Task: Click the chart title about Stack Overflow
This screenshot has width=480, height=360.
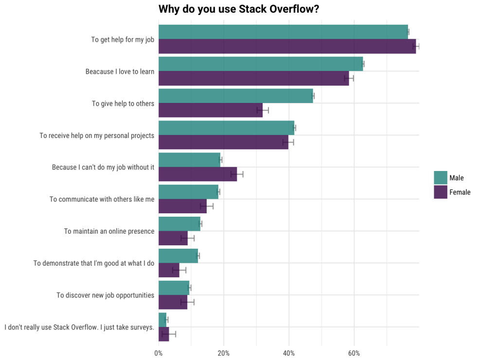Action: [239, 9]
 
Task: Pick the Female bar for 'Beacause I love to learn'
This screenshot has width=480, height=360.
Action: [253, 78]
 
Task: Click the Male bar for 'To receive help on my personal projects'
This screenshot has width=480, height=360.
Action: [226, 128]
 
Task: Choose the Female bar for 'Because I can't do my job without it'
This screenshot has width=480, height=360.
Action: [197, 174]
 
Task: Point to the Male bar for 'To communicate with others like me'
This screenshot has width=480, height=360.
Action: [188, 192]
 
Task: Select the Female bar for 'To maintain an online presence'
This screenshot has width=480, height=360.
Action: [173, 238]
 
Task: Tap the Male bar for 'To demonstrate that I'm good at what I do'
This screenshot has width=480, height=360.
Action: [178, 256]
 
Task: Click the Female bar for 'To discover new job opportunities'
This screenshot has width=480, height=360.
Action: [173, 302]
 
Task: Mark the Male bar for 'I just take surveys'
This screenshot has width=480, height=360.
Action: [162, 320]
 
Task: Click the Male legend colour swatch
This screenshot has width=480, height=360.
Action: [440, 178]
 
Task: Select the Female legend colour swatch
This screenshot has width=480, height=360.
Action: [440, 192]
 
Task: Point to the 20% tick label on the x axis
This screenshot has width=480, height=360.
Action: [224, 353]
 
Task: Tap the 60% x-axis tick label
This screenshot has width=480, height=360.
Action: [354, 353]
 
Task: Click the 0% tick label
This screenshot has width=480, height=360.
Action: [159, 353]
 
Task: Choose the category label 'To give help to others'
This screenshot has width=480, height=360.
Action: [123, 103]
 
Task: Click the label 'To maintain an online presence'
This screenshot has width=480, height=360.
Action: [109, 231]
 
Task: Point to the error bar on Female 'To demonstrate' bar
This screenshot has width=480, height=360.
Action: [179, 270]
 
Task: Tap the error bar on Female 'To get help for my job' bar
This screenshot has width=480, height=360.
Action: [416, 46]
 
